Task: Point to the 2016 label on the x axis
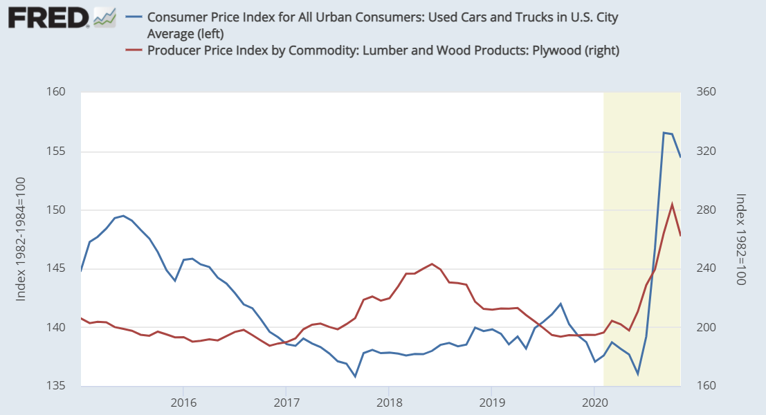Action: (183, 402)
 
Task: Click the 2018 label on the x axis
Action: (390, 402)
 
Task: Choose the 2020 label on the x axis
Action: (594, 402)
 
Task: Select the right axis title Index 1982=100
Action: (740, 239)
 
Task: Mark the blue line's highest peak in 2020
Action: (664, 133)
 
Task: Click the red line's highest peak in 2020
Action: (673, 203)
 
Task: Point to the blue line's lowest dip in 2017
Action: (355, 376)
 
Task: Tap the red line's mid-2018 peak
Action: (432, 264)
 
